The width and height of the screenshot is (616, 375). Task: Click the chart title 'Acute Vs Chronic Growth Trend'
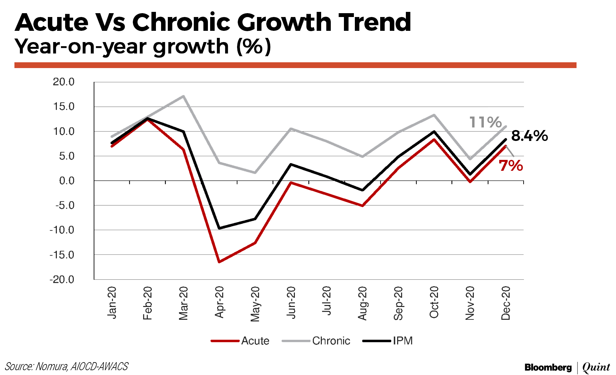pyautogui.click(x=212, y=22)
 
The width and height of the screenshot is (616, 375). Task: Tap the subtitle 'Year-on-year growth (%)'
pyautogui.click(x=143, y=47)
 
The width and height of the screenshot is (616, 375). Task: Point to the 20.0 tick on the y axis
pyautogui.click(x=64, y=82)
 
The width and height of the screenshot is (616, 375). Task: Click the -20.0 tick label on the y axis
pyautogui.click(x=62, y=279)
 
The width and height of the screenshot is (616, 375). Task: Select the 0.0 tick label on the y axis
pyautogui.click(x=67, y=181)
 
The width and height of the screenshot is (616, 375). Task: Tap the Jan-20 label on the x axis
pyautogui.click(x=112, y=302)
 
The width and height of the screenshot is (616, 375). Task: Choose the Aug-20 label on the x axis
pyautogui.click(x=363, y=303)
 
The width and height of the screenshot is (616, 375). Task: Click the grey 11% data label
pyautogui.click(x=485, y=122)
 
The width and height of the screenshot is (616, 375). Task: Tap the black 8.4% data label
pyautogui.click(x=529, y=136)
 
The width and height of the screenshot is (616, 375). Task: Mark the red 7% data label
pyautogui.click(x=511, y=166)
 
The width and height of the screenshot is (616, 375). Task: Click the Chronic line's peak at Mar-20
pyautogui.click(x=183, y=96)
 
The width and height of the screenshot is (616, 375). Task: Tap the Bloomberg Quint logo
pyautogui.click(x=567, y=367)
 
